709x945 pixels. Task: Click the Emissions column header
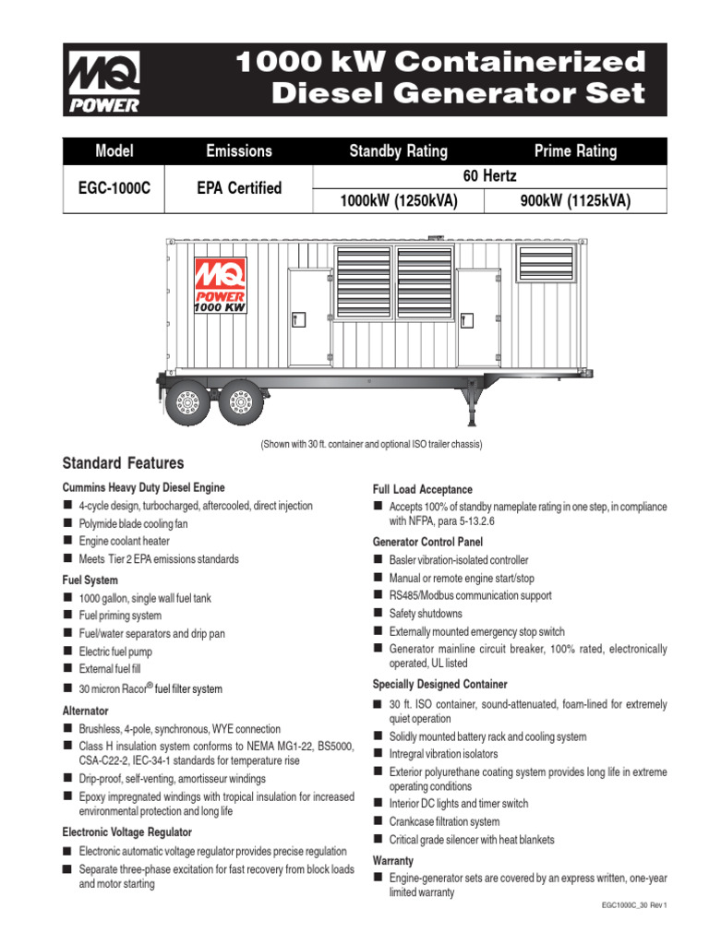point(239,151)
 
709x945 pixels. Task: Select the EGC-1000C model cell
point(114,187)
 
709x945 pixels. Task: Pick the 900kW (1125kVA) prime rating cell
point(575,201)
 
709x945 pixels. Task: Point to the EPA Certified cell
point(239,187)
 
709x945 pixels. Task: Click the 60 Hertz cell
point(489,175)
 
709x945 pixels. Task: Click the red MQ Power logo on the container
point(219,285)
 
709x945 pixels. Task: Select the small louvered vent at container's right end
point(546,263)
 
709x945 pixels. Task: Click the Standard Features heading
point(123,463)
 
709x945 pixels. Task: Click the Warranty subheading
point(392,860)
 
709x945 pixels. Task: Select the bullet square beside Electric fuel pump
point(67,652)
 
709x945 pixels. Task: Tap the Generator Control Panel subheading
point(427,542)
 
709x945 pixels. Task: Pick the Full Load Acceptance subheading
point(422,489)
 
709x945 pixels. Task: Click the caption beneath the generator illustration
point(372,444)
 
